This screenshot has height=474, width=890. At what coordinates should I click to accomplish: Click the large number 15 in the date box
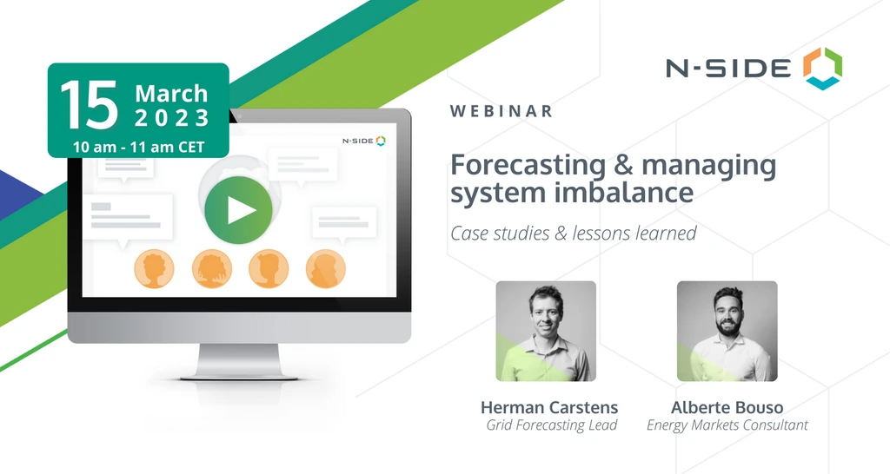coord(89,107)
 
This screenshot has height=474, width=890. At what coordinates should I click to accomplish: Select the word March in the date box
coord(171,93)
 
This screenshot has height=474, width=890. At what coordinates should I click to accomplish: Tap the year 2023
coord(171,117)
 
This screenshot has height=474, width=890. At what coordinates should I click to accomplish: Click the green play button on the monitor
coord(238,210)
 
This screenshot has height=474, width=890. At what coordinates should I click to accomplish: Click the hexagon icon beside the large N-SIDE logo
coord(822,68)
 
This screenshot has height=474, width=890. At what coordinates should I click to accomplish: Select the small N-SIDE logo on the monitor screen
coord(363,140)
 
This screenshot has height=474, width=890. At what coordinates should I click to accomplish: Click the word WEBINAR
coord(501,111)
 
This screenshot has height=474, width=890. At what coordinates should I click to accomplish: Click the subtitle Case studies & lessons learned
coord(573,233)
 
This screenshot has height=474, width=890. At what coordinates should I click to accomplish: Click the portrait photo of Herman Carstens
coord(546,331)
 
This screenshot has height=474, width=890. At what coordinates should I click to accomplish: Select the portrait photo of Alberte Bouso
coord(727,331)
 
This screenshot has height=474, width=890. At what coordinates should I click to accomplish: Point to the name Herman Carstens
coord(548,407)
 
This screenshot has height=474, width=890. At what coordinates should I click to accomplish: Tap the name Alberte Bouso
coord(727,407)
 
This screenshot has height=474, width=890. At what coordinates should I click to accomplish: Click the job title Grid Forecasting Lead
coord(552,425)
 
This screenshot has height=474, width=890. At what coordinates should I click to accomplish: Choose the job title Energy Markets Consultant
coord(727,425)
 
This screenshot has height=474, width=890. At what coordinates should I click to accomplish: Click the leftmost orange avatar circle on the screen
coord(153,269)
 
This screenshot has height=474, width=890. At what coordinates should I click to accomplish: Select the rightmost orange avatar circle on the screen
coord(326,269)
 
